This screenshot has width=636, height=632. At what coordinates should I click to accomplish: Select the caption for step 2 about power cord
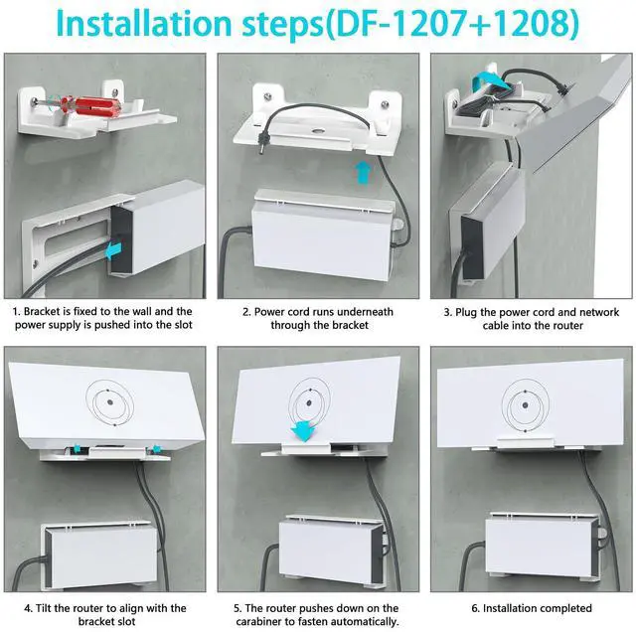[318, 318]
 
